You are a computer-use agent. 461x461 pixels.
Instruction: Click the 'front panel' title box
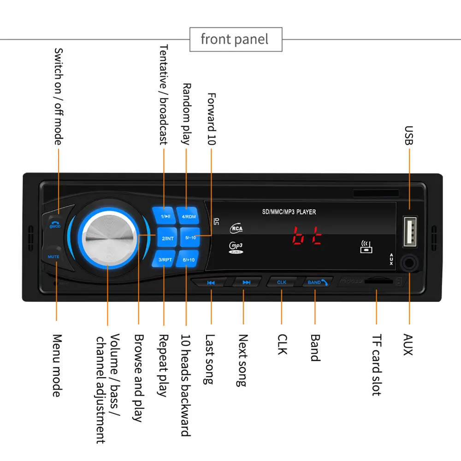(x=236, y=39)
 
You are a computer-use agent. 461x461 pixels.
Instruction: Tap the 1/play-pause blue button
(x=165, y=216)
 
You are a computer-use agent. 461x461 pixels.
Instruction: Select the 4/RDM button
(x=189, y=216)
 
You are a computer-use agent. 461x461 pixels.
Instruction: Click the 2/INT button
(x=167, y=238)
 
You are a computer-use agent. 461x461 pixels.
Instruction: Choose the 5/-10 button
(x=190, y=238)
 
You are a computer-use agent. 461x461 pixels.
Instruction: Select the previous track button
(x=211, y=282)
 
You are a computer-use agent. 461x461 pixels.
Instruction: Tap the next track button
(x=246, y=282)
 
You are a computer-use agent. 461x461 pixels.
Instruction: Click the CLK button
(x=282, y=282)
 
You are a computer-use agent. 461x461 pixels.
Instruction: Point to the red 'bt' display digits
(x=307, y=236)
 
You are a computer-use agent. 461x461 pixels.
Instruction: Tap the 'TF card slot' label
(x=376, y=365)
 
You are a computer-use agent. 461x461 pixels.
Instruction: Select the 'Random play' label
(x=186, y=114)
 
